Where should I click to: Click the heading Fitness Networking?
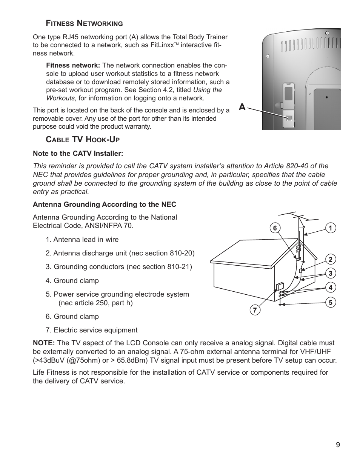pos(84,23)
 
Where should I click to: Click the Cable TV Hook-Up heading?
pos(83,140)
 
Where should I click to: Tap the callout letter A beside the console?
pos(242,108)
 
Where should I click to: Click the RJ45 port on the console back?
pos(289,118)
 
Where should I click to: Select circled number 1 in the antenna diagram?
pos(330,228)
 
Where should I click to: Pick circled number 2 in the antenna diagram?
pos(330,259)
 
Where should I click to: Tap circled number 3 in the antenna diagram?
pos(330,273)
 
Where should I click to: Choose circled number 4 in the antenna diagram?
pos(330,288)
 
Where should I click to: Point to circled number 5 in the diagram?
pos(330,302)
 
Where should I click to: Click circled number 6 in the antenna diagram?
pos(275,228)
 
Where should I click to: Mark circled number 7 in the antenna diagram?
pos(255,310)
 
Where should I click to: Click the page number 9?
pos(338,445)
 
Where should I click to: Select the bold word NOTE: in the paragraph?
pos(44,343)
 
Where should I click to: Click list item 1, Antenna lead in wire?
pos(82,240)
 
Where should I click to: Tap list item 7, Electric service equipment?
pos(92,330)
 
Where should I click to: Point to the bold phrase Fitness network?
pos(73,66)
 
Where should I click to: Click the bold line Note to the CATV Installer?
pos(78,153)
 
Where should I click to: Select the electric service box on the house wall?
pos(280,286)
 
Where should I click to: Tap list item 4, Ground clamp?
pos(72,280)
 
